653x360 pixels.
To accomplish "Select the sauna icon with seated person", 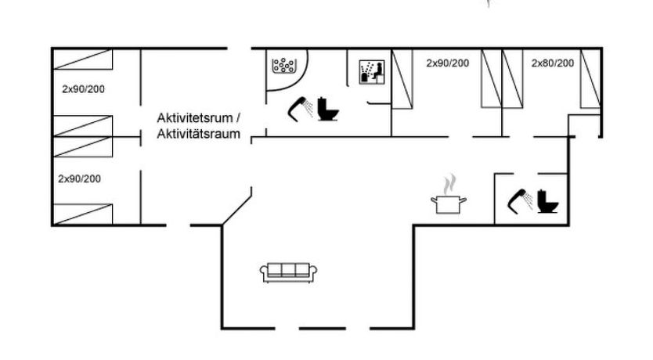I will click(x=370, y=73).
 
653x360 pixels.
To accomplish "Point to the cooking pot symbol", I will click(x=449, y=205).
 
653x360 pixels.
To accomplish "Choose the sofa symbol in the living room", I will click(x=289, y=271).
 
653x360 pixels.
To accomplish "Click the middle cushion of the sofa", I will click(x=289, y=270).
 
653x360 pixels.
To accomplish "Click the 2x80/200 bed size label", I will click(x=553, y=63).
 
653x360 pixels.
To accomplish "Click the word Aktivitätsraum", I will click(x=199, y=135).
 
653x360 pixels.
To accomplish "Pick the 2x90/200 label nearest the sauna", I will click(x=448, y=63).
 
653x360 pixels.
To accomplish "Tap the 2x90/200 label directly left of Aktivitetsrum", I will click(x=83, y=88).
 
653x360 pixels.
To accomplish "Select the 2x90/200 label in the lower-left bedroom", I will click(x=80, y=178).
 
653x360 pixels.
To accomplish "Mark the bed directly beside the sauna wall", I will click(x=402, y=77).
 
